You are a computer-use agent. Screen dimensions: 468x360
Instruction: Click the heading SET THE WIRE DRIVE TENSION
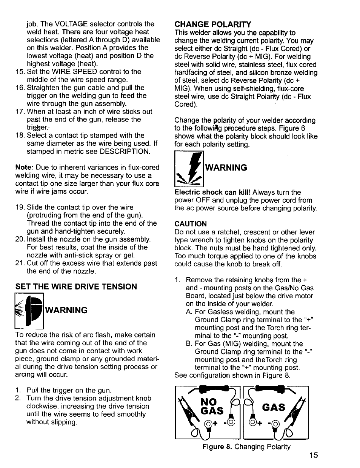point(76,287)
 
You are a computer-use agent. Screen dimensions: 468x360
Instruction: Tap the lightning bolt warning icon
point(189,169)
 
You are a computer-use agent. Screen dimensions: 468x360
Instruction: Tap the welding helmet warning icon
point(29,311)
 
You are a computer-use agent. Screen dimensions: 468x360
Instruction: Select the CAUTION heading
point(191,224)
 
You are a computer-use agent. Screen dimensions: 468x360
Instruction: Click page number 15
point(314,455)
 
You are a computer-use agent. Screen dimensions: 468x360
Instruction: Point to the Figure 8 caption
point(246,447)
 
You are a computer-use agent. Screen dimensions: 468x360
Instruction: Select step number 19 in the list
point(20,207)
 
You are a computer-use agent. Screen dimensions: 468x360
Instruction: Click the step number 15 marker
point(20,72)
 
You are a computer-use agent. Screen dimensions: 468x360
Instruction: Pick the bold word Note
point(23,167)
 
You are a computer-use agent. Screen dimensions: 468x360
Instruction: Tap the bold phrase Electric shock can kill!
point(212,192)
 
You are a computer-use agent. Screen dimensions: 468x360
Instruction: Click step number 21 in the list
point(20,263)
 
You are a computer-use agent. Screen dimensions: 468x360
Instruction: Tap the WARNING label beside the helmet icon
point(66,310)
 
